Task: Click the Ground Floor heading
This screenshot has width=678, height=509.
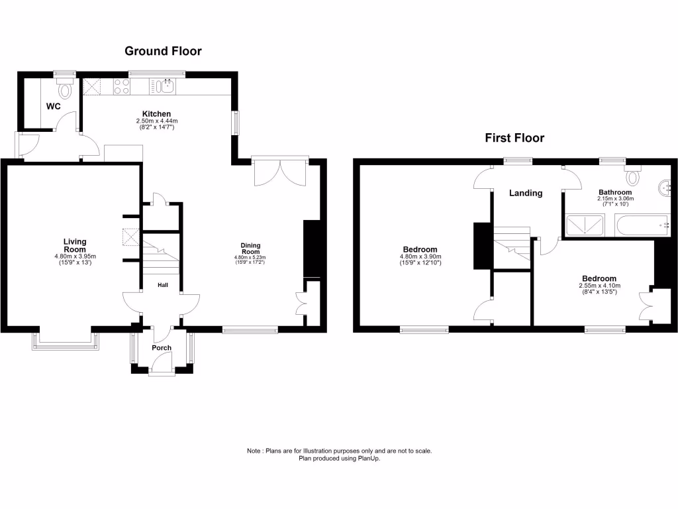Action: pyautogui.click(x=163, y=51)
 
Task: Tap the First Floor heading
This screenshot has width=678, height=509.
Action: pyautogui.click(x=514, y=138)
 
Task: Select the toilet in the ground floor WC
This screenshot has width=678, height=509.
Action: pyautogui.click(x=65, y=89)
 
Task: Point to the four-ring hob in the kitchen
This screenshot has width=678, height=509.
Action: pyautogui.click(x=121, y=86)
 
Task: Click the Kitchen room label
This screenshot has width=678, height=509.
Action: pyautogui.click(x=157, y=114)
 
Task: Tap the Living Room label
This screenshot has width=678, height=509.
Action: pyautogui.click(x=75, y=246)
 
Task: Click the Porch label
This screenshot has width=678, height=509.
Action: pyautogui.click(x=162, y=348)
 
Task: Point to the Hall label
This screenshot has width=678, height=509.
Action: pyautogui.click(x=162, y=286)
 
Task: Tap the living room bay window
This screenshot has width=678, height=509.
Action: pyautogui.click(x=66, y=340)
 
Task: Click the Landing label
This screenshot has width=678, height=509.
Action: pyautogui.click(x=526, y=194)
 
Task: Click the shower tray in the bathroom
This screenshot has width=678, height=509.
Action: pyautogui.click(x=585, y=226)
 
